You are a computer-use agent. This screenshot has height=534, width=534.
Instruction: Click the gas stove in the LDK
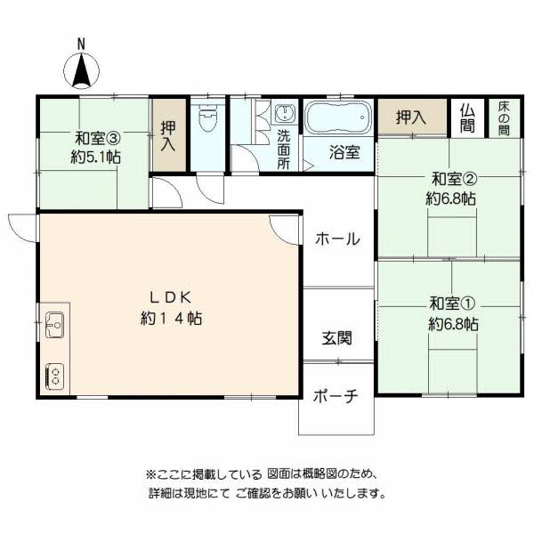tap(53, 375)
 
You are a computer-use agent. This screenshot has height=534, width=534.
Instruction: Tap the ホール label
tap(337, 239)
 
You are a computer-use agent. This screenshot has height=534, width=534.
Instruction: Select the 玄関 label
tap(336, 338)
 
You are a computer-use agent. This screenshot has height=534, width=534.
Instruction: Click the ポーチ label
tap(336, 397)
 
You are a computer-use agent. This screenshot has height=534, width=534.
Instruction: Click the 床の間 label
tap(504, 117)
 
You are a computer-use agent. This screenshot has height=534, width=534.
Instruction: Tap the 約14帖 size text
tap(170, 318)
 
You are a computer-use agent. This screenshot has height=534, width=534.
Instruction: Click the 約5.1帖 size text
tap(97, 157)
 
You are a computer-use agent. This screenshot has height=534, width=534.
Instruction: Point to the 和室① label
tap(452, 303)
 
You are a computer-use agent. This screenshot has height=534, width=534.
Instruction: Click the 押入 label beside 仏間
tap(410, 117)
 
